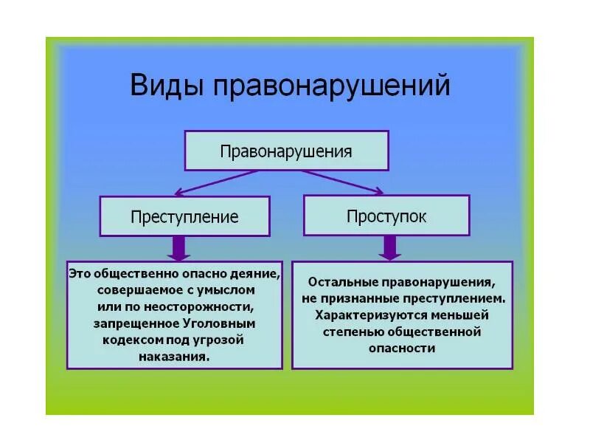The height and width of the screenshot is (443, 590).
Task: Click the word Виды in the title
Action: point(167,86)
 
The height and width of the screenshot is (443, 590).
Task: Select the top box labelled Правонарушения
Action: point(286,151)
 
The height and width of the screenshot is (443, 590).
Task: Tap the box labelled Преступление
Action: point(184,216)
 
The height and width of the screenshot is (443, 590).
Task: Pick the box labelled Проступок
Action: point(386,216)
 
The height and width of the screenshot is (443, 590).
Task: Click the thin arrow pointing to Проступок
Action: point(342,182)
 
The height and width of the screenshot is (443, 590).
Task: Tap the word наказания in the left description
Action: point(173,355)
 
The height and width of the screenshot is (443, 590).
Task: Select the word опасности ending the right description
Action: point(402,348)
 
